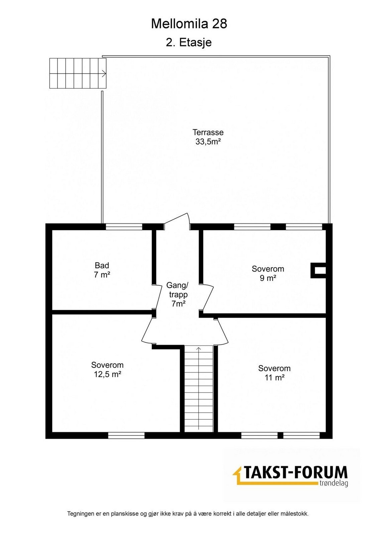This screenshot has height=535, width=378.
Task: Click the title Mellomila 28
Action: (189, 24)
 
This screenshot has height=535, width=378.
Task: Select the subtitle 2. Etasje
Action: (189, 42)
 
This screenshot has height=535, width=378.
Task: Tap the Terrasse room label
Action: (208, 132)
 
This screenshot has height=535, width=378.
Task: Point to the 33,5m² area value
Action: (208, 142)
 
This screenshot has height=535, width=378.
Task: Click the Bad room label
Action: (102, 265)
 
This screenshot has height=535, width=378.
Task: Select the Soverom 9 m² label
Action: (268, 273)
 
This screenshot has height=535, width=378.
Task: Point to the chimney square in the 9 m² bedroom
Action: (318, 271)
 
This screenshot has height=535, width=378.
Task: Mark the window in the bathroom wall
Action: (124, 227)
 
